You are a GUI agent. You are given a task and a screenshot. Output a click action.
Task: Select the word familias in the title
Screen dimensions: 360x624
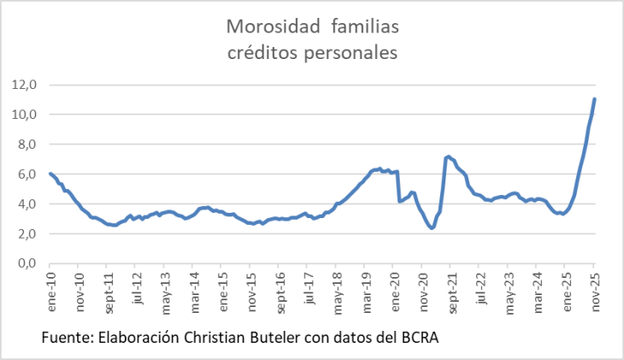coord(364,27)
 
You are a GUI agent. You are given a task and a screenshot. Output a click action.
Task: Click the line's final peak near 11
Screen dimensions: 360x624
coord(594,99)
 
